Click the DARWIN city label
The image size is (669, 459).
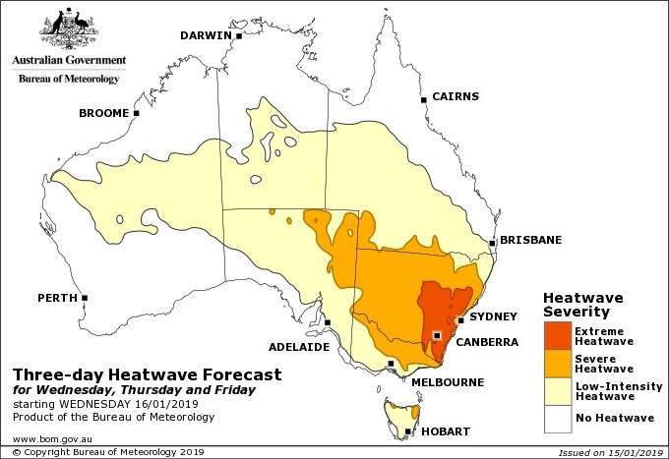[x=205, y=36]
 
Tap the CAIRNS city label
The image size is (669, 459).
[x=456, y=96]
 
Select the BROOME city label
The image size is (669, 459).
[x=103, y=114]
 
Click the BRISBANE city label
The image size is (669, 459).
[x=530, y=240]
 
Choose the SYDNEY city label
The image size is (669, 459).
[x=493, y=316]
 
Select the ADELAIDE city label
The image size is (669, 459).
[x=298, y=347]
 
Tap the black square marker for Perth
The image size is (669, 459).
[x=85, y=297]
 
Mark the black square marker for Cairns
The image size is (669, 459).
[x=424, y=98]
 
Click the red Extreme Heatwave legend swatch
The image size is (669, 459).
[x=556, y=336]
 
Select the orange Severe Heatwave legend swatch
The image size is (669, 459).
[x=556, y=364]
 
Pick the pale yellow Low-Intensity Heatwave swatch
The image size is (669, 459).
[x=556, y=392]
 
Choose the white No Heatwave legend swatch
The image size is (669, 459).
[x=556, y=420]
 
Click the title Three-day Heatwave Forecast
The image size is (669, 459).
[x=147, y=374]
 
